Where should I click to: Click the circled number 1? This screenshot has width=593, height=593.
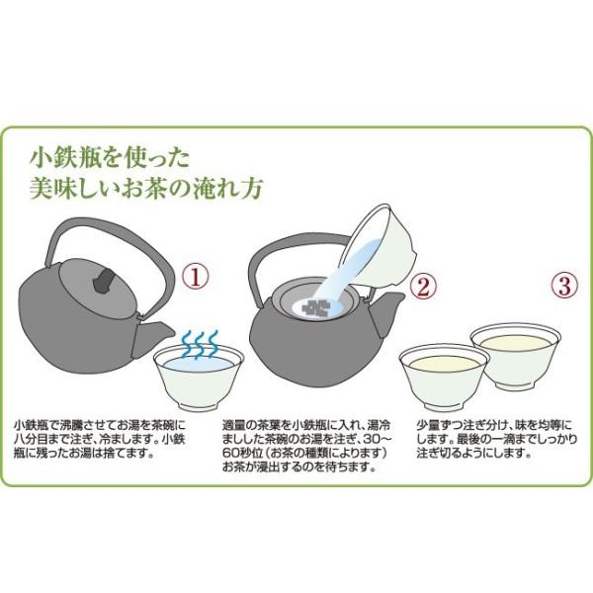(x=196, y=276)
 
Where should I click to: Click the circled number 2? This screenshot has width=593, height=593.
(x=423, y=287)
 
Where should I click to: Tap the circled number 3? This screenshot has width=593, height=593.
(x=564, y=286)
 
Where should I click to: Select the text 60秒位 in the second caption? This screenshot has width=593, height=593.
(x=240, y=453)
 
